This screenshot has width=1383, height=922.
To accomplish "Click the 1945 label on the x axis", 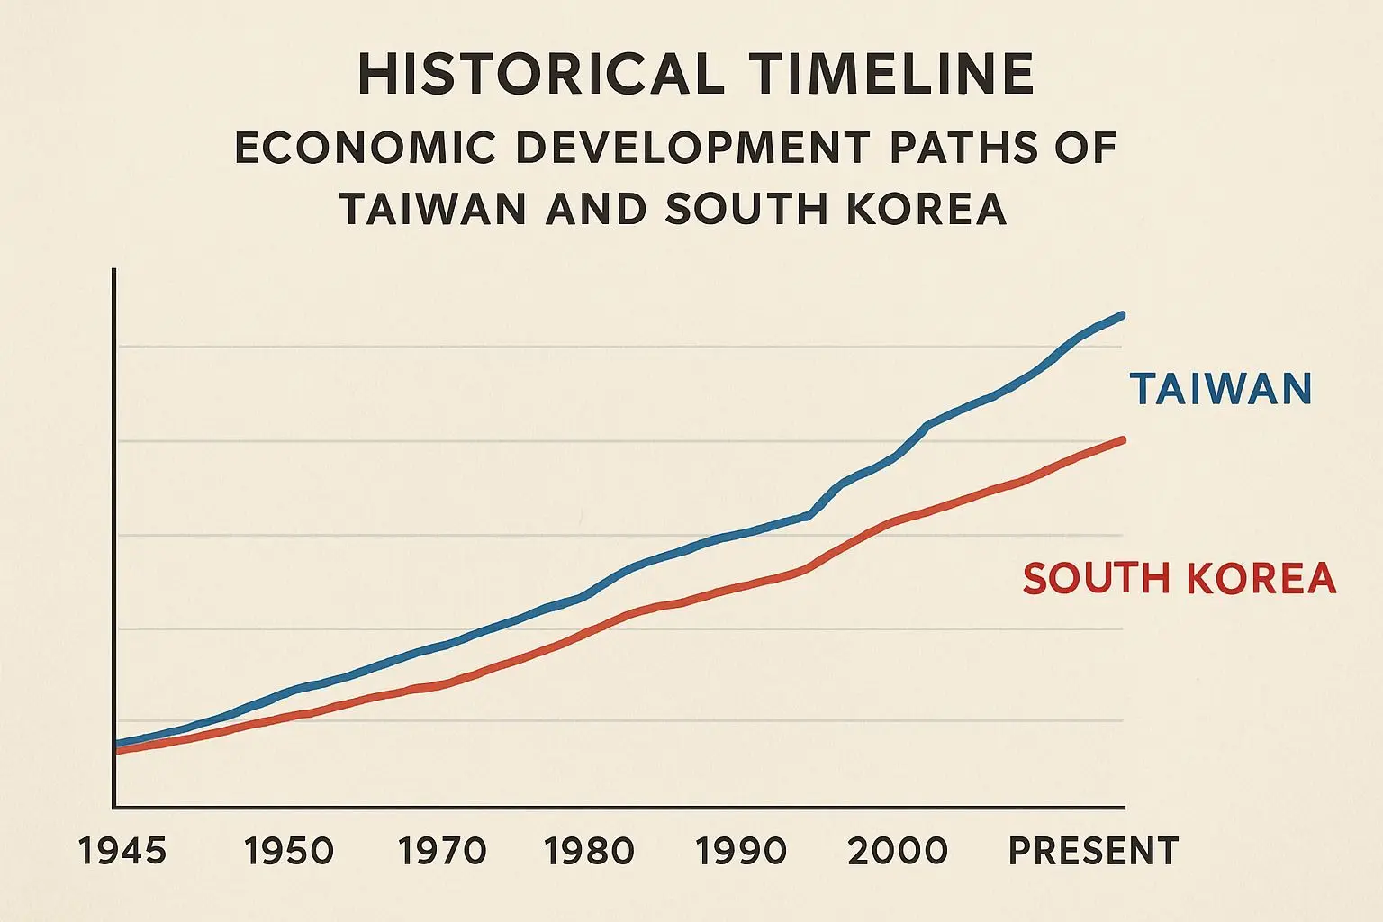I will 122,851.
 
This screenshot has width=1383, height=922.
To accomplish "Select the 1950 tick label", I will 289,851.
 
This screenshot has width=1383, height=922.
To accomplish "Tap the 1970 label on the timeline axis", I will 443,851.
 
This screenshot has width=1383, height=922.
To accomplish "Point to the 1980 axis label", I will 591,851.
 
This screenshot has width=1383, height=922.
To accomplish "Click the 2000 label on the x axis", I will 898,851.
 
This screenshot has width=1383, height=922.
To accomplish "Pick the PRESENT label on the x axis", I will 1093,851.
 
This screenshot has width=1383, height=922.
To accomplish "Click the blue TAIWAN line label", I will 1221,389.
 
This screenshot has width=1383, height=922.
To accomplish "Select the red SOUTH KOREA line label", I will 1180,578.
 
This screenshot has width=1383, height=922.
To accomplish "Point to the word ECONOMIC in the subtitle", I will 365,149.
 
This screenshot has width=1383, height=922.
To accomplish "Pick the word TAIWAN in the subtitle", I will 433,210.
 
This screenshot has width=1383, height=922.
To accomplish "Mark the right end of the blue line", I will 1123,315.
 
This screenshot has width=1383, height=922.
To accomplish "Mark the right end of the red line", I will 1123,439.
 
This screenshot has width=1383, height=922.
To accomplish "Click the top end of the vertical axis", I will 113,270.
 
